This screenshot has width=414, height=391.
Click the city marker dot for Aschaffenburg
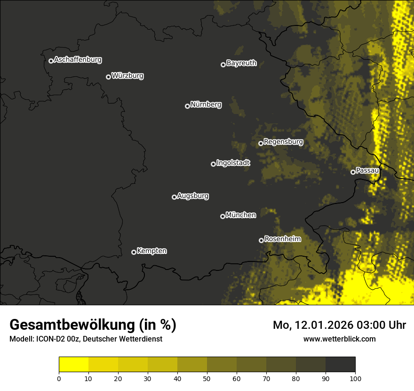[x=51, y=61]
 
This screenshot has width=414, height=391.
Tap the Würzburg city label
[x=127, y=75]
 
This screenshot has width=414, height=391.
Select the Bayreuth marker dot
[x=223, y=65]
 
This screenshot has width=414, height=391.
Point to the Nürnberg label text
[x=206, y=105]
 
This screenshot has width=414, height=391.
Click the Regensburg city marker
[x=261, y=143]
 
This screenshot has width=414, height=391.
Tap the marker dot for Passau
[x=353, y=172]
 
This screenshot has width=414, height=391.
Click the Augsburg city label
[x=193, y=196]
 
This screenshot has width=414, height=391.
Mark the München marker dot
[x=223, y=216]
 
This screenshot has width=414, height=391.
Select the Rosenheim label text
[x=282, y=239]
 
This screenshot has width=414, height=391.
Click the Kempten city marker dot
[x=134, y=252]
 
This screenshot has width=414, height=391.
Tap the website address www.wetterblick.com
[x=339, y=339]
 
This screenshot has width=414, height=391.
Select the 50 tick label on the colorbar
[x=207, y=378]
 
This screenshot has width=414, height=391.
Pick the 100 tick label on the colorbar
[x=355, y=378]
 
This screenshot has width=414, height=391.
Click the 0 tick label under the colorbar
[x=59, y=378]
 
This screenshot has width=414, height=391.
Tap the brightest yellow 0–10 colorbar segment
[x=73, y=365]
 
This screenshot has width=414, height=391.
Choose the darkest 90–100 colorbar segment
[x=340, y=365]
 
